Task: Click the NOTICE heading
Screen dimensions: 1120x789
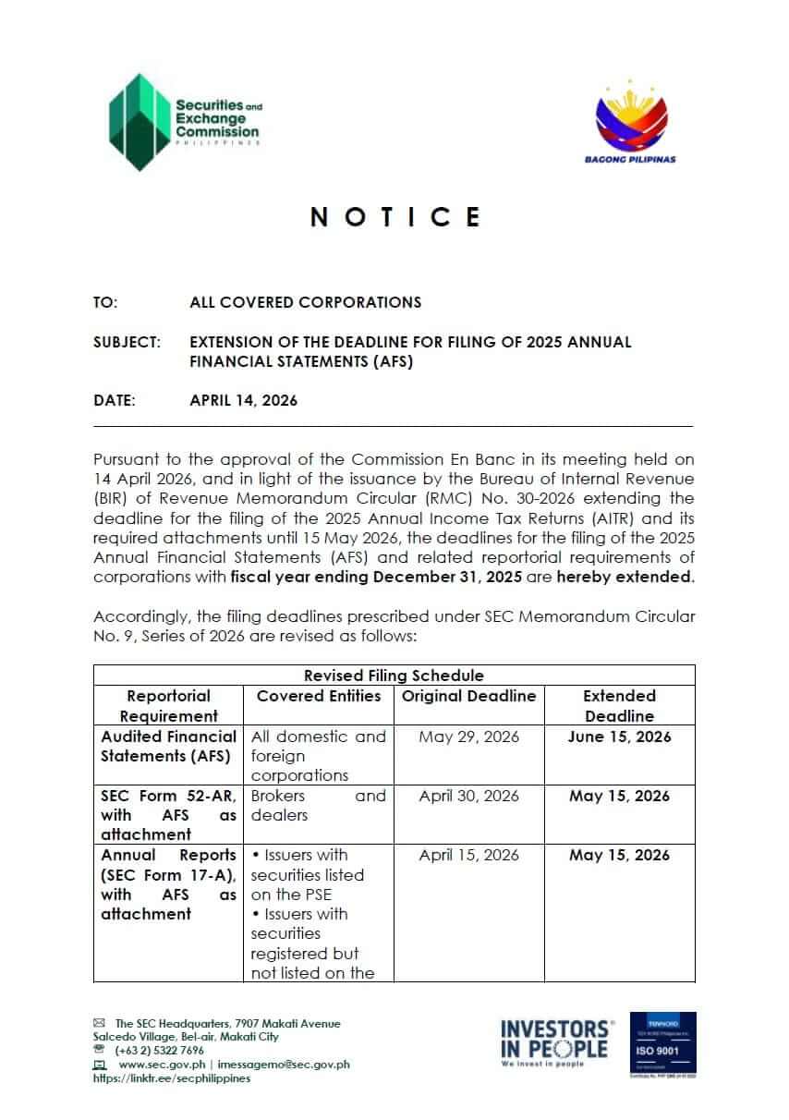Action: [395, 217]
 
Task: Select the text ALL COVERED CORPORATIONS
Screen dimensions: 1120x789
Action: [305, 302]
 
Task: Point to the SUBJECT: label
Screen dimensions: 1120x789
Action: [127, 342]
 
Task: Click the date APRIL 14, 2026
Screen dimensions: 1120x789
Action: [243, 400]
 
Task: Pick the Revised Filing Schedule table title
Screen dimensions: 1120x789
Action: [394, 676]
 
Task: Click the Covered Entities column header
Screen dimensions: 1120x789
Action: [319, 696]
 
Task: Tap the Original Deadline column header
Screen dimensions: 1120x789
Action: [468, 696]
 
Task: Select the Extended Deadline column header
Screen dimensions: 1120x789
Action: [619, 705]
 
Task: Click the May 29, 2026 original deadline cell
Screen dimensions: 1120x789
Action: [468, 737]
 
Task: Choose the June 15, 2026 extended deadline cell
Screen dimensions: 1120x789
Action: [619, 737]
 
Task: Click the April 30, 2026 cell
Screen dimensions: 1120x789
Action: [468, 796]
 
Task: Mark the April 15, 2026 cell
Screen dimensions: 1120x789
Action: [468, 855]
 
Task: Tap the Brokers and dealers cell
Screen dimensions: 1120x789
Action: [319, 805]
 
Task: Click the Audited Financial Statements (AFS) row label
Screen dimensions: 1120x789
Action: [168, 746]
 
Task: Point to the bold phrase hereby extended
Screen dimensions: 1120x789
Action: [642, 577]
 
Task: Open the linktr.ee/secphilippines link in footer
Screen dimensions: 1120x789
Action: [171, 1078]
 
